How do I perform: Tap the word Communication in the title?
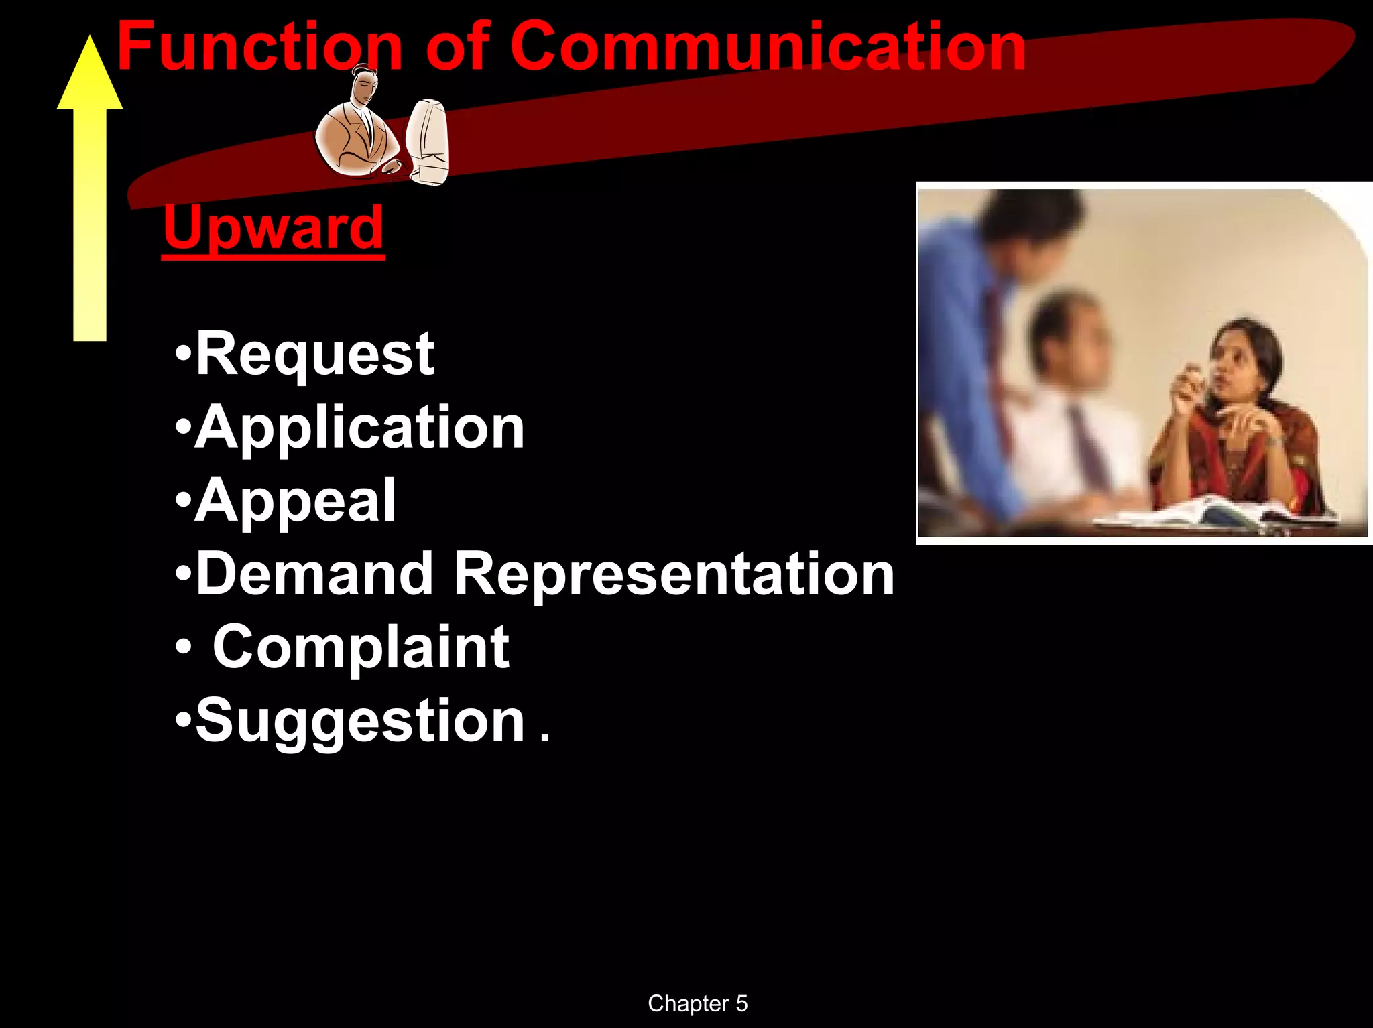[x=767, y=47]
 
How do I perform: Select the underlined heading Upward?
[x=273, y=228]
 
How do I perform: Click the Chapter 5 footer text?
[x=697, y=1003]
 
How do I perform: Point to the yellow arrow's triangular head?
[x=90, y=77]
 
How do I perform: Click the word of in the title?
[x=457, y=47]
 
